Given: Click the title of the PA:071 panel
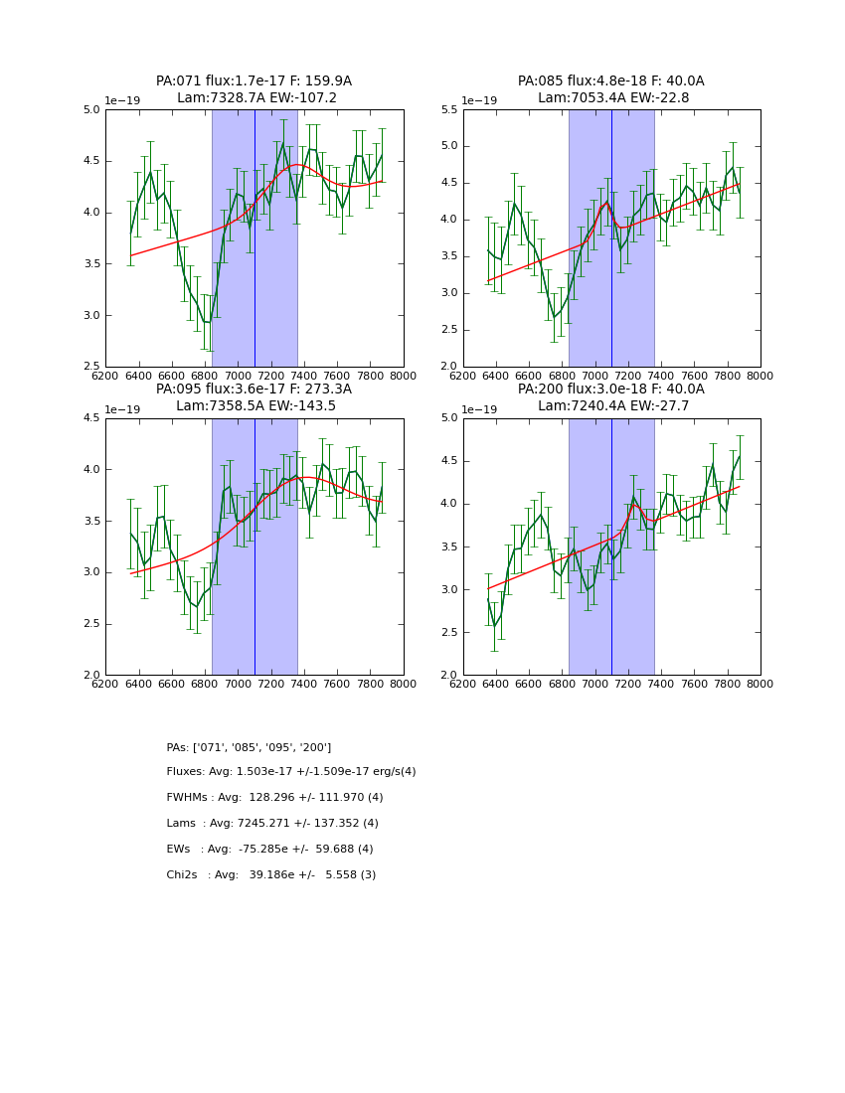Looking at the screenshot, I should tap(253, 81).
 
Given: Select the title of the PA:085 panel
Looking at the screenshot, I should tap(610, 81).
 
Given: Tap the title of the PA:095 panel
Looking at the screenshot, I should tap(253, 390).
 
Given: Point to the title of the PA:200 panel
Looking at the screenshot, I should tap(610, 390).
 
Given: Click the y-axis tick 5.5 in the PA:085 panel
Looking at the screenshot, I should tap(448, 110).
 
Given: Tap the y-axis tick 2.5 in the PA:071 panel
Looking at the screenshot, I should tap(90, 367).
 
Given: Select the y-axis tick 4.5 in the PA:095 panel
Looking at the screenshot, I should tap(90, 418).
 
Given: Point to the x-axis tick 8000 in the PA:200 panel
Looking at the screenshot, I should tap(760, 685).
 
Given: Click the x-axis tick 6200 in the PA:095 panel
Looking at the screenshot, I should tap(105, 685).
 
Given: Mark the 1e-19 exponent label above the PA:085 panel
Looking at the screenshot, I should tap(480, 101).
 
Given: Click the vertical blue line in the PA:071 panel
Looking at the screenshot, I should tap(254, 238).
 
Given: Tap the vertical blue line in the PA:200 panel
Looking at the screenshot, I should tap(611, 546).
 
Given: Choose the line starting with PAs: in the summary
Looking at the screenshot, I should tap(249, 747).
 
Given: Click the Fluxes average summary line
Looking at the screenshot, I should tap(291, 772).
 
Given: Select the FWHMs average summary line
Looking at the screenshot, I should tap(274, 798).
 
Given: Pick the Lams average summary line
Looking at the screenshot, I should tap(272, 824).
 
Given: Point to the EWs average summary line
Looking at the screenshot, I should tap(269, 850).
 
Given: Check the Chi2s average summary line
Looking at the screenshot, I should tap(270, 875).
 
